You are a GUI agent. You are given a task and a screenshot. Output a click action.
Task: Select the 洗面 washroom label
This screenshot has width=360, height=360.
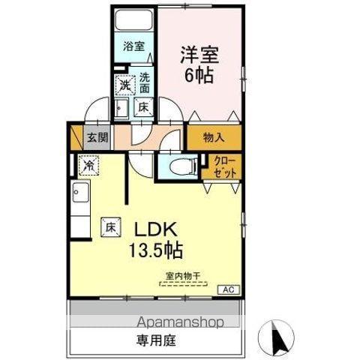[144, 82]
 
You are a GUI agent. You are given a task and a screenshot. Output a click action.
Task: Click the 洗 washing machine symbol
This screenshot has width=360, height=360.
[123, 85]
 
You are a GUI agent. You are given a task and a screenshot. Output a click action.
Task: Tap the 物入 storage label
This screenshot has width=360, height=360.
[214, 137]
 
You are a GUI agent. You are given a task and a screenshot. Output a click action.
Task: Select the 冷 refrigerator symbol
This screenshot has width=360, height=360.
[88, 163]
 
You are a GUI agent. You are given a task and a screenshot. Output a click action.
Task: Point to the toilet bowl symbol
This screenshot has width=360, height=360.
[180, 166]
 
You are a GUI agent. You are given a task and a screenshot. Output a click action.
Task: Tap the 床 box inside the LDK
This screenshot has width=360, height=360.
[109, 224]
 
